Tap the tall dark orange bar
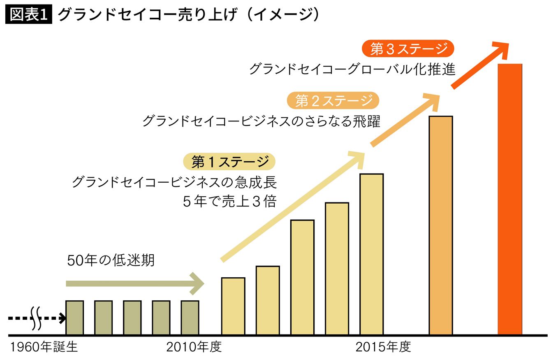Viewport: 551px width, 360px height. (509, 199)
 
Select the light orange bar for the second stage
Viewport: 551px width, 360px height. (441, 225)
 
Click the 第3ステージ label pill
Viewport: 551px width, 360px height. (408, 49)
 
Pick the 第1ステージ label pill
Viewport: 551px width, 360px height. (229, 162)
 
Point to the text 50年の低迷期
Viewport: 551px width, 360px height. (111, 260)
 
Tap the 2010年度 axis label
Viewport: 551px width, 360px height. (194, 347)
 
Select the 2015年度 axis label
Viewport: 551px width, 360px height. (383, 347)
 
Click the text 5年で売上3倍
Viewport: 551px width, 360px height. (229, 202)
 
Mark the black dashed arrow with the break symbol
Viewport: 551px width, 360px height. (36, 318)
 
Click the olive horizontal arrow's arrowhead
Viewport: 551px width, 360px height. (198, 283)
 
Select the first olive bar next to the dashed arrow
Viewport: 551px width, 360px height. (74, 317)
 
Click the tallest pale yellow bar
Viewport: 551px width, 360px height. (371, 254)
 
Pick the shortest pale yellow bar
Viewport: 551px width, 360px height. (233, 306)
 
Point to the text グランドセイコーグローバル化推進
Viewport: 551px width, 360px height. (352, 69)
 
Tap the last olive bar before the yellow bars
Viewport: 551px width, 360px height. (190, 317)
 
